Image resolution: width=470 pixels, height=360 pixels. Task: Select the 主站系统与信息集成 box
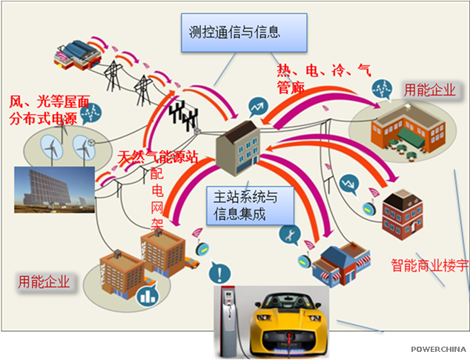pyautogui.click(x=245, y=205)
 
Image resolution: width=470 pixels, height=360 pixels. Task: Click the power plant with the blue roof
pyautogui.click(x=74, y=50)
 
